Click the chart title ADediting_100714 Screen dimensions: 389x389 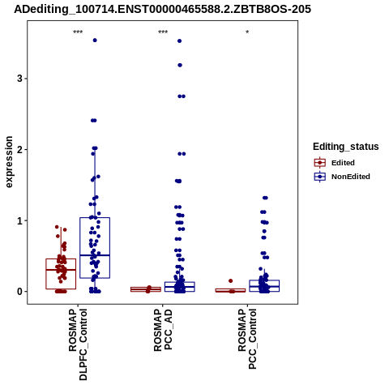click(163, 9)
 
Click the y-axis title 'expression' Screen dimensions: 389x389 click(9, 162)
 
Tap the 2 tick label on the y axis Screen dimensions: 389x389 click(19, 150)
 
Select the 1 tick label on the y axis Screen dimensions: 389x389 click(19, 221)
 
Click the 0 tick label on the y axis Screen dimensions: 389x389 click(19, 292)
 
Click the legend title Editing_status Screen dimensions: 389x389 click(346, 147)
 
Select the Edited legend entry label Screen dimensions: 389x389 click(343, 163)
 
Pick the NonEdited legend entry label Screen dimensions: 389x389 click(351, 177)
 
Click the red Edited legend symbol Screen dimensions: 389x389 click(320, 163)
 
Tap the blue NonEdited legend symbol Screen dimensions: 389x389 click(320, 177)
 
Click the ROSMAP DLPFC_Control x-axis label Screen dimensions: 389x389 click(78, 344)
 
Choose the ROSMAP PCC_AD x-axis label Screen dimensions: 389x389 click(163, 330)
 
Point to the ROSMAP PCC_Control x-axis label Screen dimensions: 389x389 click(247, 339)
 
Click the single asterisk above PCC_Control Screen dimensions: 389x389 click(247, 32)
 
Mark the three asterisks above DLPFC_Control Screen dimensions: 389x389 click(78, 32)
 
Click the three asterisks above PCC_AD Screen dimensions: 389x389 click(163, 32)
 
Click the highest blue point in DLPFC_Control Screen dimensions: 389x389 click(95, 41)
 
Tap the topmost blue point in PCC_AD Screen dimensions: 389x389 click(179, 41)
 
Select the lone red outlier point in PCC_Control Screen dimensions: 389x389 click(230, 281)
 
